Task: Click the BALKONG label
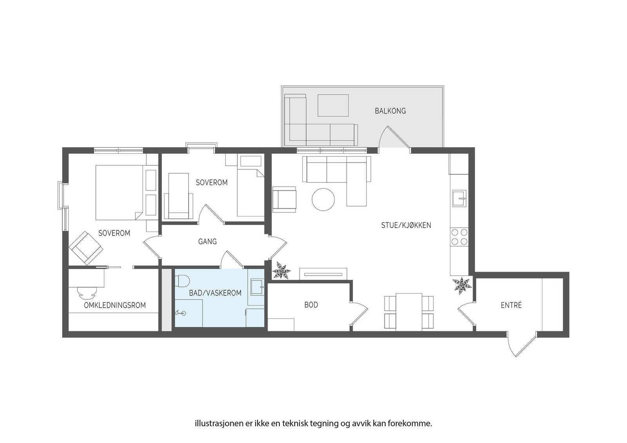coord(390,111)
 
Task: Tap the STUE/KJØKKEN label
coord(406,225)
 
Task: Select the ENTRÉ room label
coord(511,305)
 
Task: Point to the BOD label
coord(311,304)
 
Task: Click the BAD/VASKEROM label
coord(215,293)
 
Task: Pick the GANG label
coord(207,241)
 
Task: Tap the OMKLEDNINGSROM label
coord(115,305)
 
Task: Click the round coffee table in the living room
coord(323,200)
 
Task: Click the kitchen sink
coord(459,198)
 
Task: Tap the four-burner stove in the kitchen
coord(459,236)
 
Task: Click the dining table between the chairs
coord(409,312)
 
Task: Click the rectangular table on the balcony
coord(333,105)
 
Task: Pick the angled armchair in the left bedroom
coord(85,248)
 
